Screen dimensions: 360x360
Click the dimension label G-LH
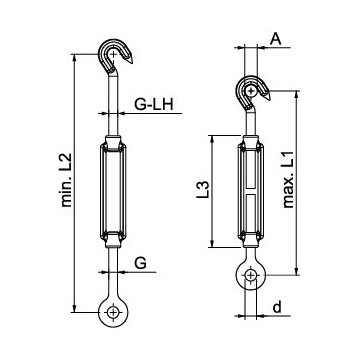click(x=154, y=105)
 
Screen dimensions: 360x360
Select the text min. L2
click(x=67, y=180)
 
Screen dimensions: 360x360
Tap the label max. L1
click(x=289, y=180)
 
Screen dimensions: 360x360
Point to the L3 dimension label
click(x=203, y=190)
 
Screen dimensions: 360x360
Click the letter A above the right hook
click(x=276, y=39)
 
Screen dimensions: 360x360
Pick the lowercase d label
click(x=277, y=307)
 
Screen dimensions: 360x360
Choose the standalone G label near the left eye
click(x=140, y=263)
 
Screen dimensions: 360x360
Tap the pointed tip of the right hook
click(x=269, y=99)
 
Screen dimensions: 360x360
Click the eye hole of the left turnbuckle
click(x=113, y=312)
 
